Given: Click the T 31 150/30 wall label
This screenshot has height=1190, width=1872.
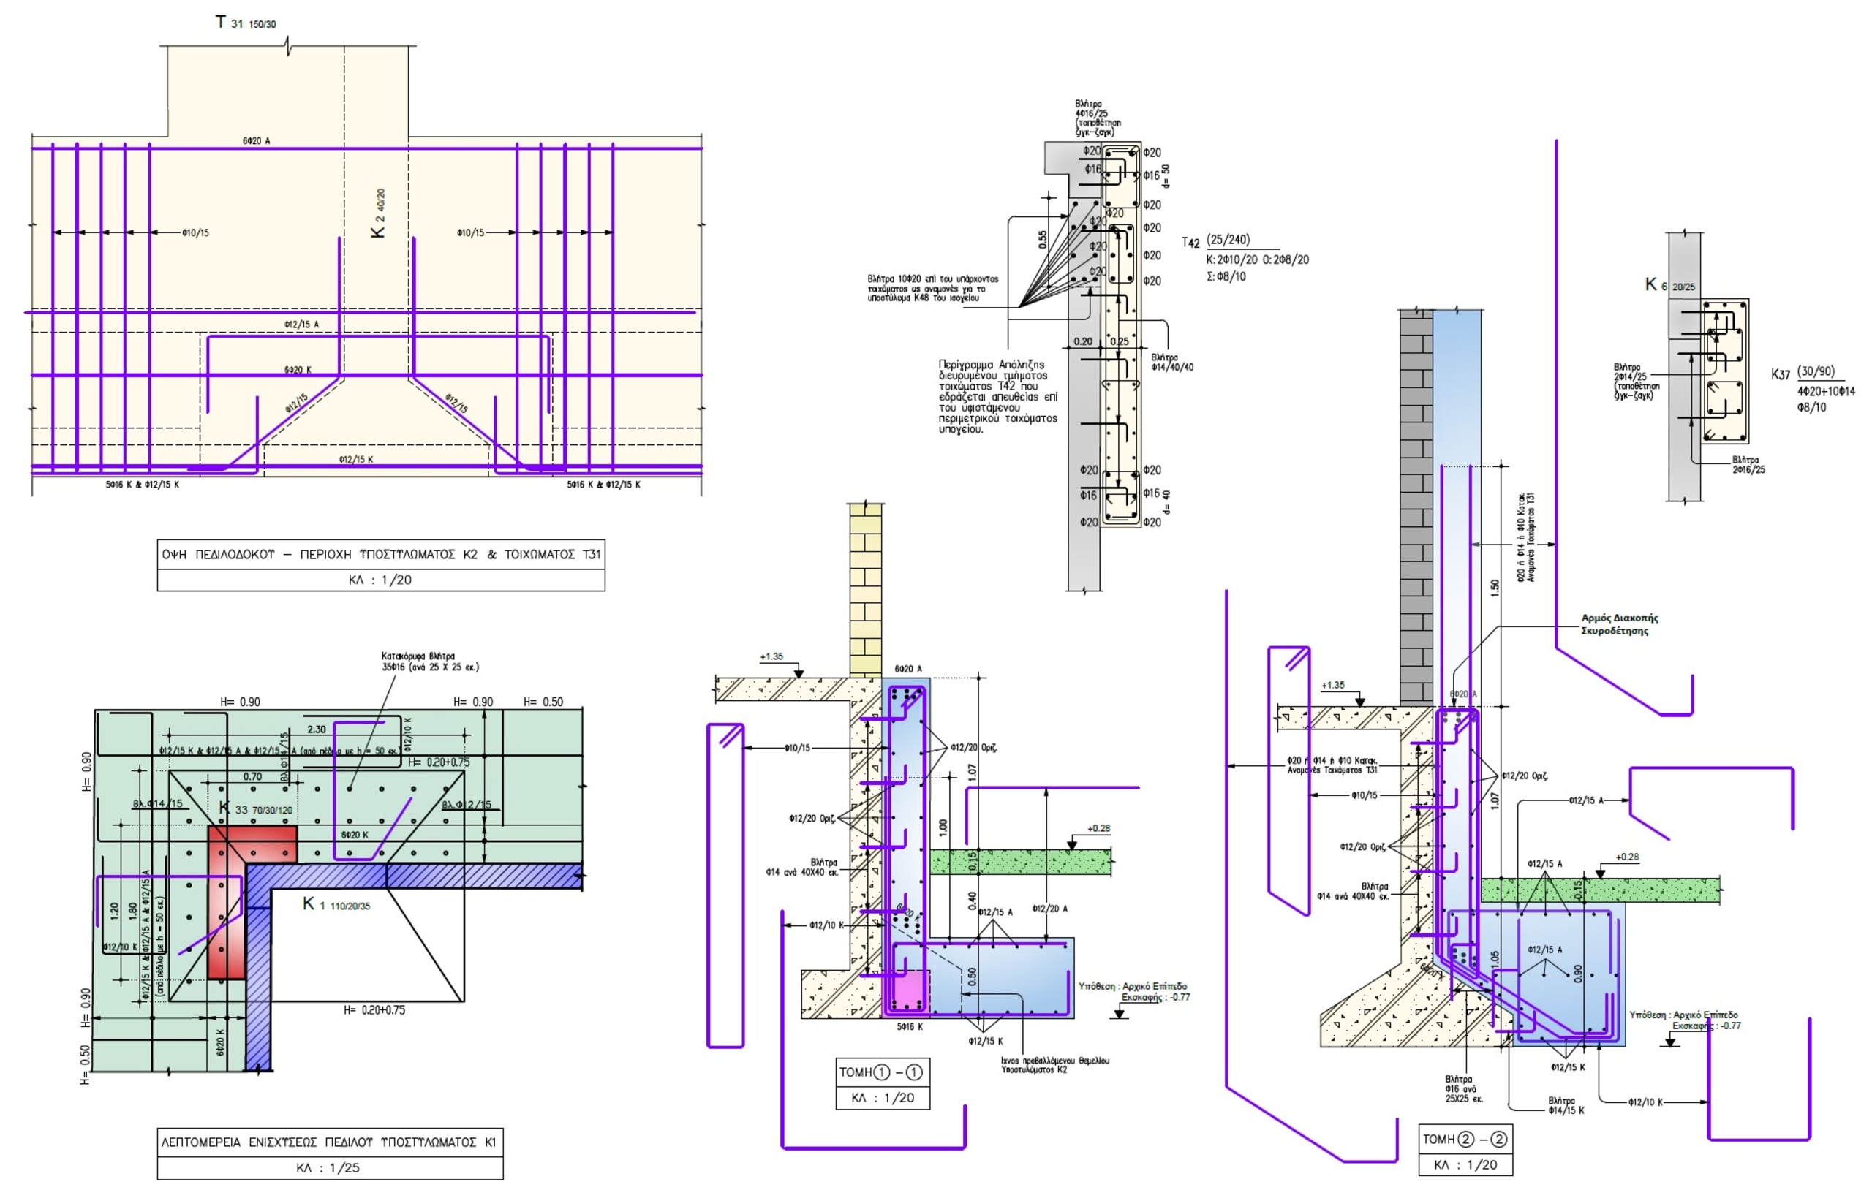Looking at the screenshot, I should coord(245,23).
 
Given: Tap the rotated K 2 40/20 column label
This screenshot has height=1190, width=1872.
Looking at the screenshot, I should coord(378,213).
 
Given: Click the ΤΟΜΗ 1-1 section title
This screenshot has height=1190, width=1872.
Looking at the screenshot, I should coord(882,1072).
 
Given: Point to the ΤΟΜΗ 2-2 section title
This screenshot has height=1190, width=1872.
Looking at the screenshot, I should coord(1465,1140).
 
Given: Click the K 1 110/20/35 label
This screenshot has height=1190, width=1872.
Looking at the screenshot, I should coord(336,905).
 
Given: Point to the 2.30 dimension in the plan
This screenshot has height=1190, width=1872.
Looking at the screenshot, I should coord(317,729).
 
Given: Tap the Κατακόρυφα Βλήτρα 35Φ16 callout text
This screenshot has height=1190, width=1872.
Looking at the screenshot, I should coord(429,662).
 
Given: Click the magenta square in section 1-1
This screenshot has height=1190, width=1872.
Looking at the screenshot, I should coord(907,992).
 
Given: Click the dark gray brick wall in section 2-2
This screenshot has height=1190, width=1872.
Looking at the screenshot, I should coord(1416,505).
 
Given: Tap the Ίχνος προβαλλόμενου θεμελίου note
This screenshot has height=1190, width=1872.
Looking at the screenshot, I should coord(1054,1065).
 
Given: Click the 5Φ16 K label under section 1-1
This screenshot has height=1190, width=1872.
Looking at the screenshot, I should coord(910,1027).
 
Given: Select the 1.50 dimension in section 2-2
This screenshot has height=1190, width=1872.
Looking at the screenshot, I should coord(1494,588).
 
